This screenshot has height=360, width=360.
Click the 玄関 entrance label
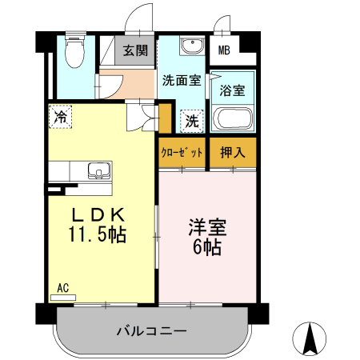(x=135, y=50)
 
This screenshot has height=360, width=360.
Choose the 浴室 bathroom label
(x=232, y=90)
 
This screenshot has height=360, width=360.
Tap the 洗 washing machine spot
(x=192, y=122)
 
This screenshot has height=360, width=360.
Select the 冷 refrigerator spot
(x=61, y=118)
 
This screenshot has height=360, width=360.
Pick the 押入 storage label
(x=233, y=152)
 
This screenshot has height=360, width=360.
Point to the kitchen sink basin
(x=98, y=170)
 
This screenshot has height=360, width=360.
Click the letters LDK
(x=100, y=215)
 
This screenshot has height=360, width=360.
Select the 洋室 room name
(x=207, y=227)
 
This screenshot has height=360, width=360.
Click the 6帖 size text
(x=207, y=248)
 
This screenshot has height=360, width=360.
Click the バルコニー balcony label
(x=151, y=330)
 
